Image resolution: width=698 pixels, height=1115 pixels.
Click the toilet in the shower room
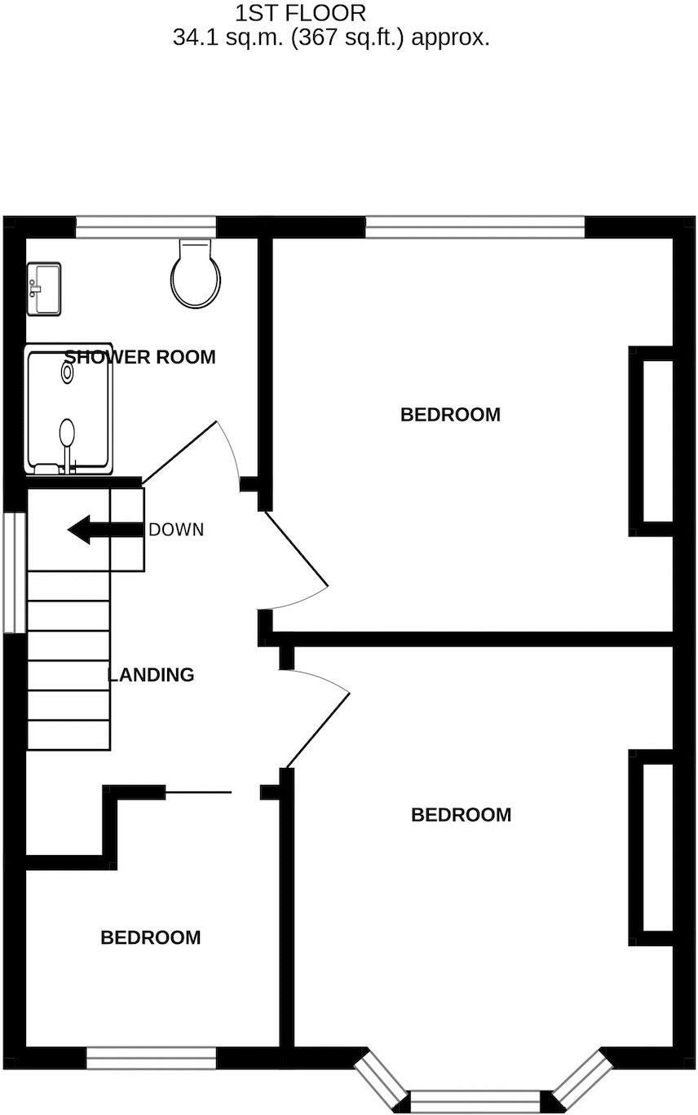tap(196, 275)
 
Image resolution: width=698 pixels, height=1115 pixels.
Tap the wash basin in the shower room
tap(43, 289)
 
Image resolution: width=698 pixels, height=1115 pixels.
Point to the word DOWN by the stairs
tap(176, 530)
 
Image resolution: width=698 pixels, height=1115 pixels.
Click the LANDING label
tap(152, 675)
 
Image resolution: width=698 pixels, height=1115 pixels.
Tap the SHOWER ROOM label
tap(140, 357)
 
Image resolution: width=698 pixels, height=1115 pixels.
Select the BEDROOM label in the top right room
tap(450, 415)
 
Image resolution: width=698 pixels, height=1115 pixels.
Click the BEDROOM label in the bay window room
tap(461, 815)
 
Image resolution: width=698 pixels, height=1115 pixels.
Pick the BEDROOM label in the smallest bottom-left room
tap(150, 938)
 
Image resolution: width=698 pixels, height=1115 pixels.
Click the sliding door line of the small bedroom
tap(199, 791)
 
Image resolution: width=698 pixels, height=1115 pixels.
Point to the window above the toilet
tap(146, 227)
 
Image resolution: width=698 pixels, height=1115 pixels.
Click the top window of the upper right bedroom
tap(475, 227)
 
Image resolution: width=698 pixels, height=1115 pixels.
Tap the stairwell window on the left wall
tap(14, 572)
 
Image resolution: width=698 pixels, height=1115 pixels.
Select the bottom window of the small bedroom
tap(151, 1059)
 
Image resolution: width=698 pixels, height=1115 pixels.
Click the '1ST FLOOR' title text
tap(301, 13)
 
